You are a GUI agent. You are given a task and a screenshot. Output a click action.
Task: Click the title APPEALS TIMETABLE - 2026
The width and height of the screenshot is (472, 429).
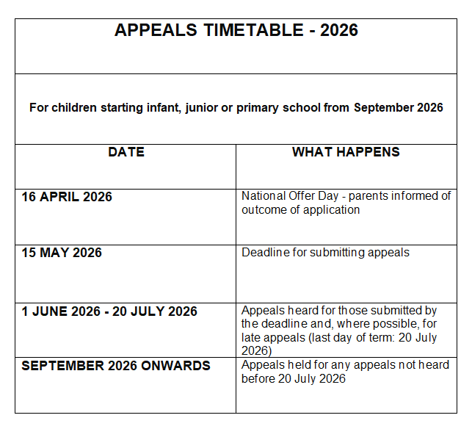(236, 31)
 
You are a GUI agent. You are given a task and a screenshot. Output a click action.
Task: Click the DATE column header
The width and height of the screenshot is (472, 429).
(126, 153)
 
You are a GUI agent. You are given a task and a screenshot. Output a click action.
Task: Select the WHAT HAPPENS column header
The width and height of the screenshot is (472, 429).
(346, 153)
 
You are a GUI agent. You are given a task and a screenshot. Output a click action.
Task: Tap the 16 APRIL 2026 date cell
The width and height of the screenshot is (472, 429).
(67, 197)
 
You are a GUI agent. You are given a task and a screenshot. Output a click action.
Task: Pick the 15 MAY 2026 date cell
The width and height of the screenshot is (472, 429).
(62, 253)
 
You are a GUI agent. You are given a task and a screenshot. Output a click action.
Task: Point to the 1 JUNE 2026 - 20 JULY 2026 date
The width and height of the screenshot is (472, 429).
(109, 311)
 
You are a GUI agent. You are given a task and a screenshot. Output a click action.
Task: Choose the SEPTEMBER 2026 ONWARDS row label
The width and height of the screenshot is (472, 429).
(116, 366)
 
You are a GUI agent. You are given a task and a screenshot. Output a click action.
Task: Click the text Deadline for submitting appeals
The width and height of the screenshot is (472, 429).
(325, 253)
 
